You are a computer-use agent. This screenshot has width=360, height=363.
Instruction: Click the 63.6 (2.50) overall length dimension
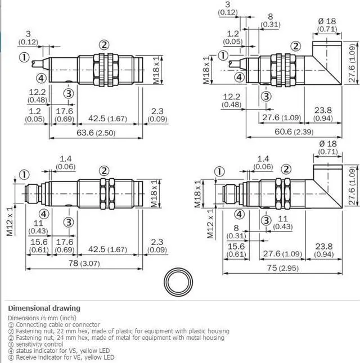[96, 133]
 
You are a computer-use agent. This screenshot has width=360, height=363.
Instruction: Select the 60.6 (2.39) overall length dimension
[294, 131]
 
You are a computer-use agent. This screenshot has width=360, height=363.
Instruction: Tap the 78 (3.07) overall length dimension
[84, 264]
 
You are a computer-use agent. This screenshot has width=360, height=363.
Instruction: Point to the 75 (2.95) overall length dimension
[283, 268]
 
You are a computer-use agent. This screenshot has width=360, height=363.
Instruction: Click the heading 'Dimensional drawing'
[44, 308]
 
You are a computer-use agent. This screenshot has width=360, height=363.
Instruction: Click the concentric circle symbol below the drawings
[178, 282]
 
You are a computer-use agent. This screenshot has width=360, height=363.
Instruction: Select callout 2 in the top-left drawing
[104, 45]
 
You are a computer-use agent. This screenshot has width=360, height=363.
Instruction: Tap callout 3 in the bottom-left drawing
[69, 223]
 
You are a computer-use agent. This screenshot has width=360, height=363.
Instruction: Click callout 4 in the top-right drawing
[239, 77]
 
